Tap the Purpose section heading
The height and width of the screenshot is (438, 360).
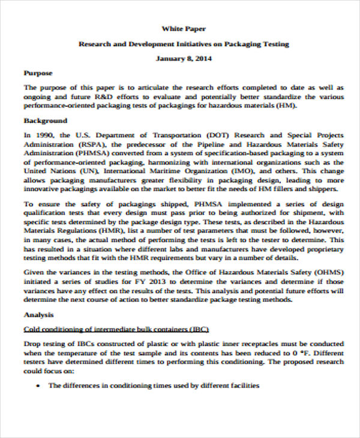click(38, 73)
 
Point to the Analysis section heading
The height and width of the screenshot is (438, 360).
click(38, 314)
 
